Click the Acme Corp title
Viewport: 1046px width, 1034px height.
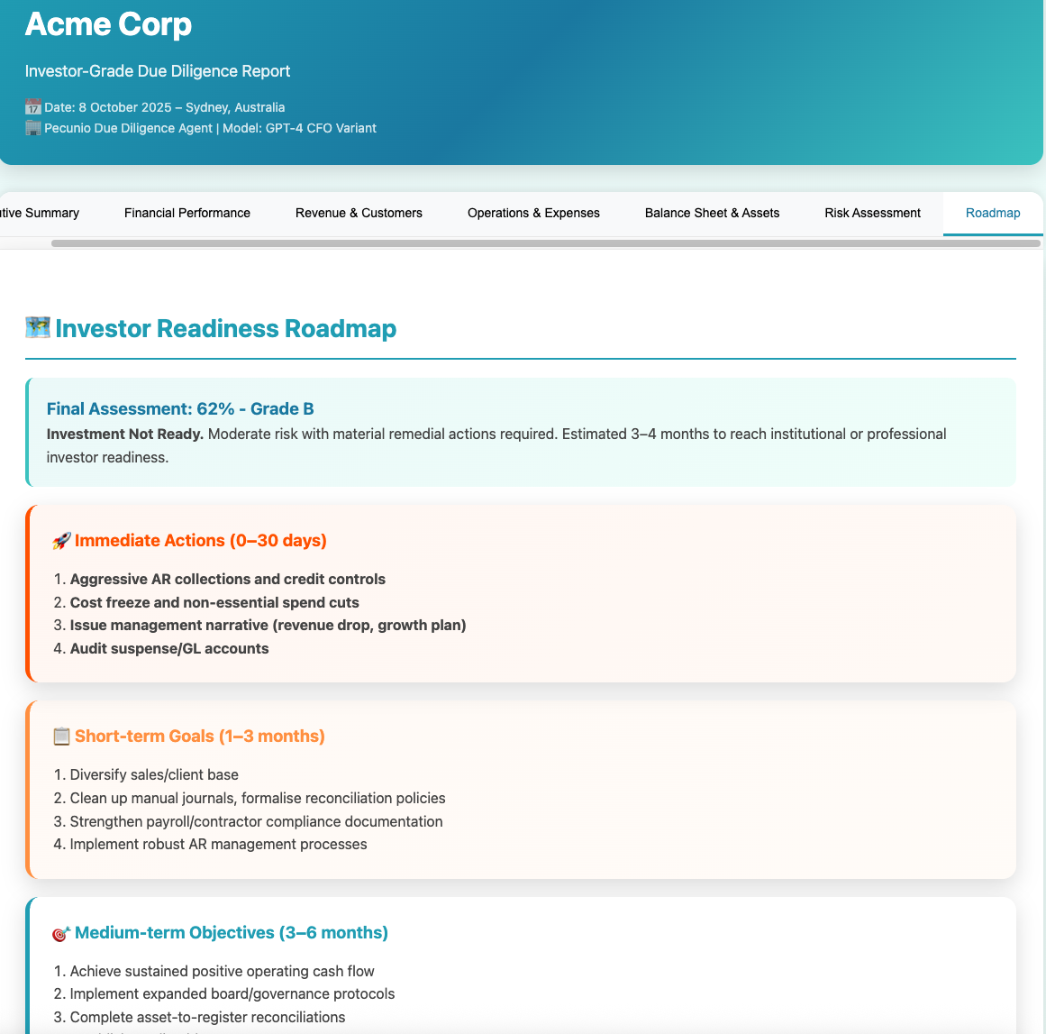(x=108, y=24)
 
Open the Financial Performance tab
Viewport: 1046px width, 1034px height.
(x=187, y=214)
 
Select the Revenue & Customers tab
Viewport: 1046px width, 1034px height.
(x=359, y=214)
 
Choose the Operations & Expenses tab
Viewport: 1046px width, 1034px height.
(x=533, y=214)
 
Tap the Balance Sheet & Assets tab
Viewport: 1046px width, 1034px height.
(x=712, y=214)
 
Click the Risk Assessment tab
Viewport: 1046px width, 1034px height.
(x=872, y=214)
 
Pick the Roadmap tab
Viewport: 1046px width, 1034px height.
(x=993, y=214)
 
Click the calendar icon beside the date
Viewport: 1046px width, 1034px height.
(x=33, y=107)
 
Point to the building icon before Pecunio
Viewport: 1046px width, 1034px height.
(x=33, y=128)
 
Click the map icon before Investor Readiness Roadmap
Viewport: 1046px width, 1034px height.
(x=38, y=328)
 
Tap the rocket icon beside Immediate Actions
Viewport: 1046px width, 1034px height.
(x=61, y=541)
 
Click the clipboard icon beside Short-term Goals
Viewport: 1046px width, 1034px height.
(x=61, y=737)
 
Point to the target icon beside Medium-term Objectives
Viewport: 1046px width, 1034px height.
(x=61, y=933)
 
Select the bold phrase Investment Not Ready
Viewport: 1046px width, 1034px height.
(x=125, y=434)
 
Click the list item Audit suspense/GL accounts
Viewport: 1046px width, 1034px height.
(x=169, y=649)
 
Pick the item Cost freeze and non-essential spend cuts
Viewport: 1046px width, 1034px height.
(x=214, y=602)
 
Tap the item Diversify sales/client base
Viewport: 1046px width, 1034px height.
(x=154, y=774)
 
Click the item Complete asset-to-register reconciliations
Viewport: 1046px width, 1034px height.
(x=207, y=1017)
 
